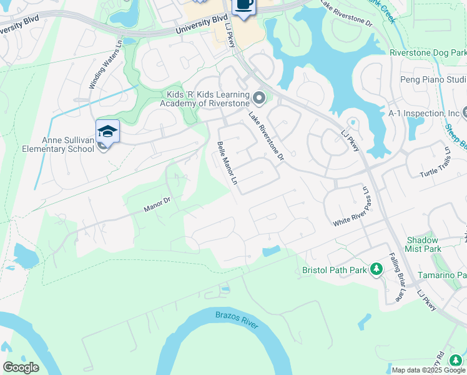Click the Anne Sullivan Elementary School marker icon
tap(107, 131)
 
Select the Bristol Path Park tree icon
tap(376, 269)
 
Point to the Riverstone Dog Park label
tap(428, 54)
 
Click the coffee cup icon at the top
tap(243, 5)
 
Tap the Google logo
tap(21, 367)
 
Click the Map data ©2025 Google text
tap(428, 370)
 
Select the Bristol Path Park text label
tap(335, 270)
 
